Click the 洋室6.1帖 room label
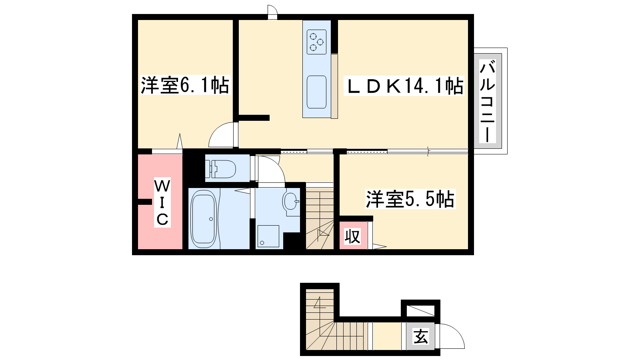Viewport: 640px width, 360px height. [x=185, y=85]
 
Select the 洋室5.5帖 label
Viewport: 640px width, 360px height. [x=410, y=199]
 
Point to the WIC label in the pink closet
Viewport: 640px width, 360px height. [x=162, y=202]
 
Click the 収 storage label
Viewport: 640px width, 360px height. [x=352, y=236]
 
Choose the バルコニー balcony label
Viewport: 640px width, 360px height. [x=488, y=102]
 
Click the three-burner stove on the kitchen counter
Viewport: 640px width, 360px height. [x=316, y=42]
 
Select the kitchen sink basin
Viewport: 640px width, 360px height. [x=316, y=92]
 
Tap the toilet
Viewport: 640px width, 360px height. [x=221, y=169]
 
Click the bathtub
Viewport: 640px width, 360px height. [x=203, y=219]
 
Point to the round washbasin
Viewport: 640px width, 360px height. [x=290, y=201]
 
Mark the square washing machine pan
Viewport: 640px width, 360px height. [x=268, y=236]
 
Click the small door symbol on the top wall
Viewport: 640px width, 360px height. [x=272, y=12]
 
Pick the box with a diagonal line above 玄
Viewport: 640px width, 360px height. [x=420, y=310]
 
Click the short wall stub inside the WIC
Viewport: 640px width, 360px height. [x=144, y=202]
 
